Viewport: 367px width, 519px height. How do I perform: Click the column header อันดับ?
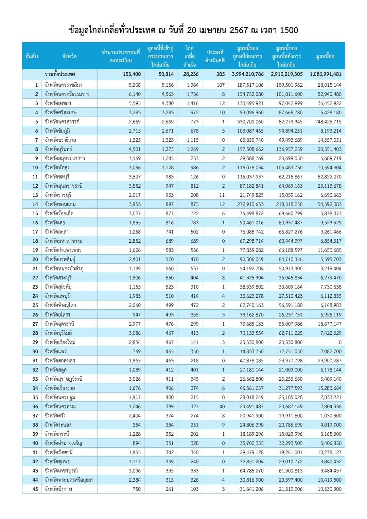click(x=32, y=56)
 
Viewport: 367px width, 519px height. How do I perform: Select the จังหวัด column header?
click(x=69, y=56)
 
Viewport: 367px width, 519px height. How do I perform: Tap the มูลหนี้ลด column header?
click(x=325, y=56)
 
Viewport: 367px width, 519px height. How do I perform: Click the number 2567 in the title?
click(x=239, y=30)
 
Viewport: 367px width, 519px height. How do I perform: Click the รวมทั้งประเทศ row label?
click(x=60, y=74)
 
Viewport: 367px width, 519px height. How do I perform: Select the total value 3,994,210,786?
click(x=248, y=74)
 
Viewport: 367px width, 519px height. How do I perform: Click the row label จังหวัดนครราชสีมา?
click(x=64, y=85)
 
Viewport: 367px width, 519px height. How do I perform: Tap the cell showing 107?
click(x=221, y=85)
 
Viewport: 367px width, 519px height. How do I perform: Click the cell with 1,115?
click(x=193, y=140)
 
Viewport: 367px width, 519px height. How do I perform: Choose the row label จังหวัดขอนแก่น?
click(x=60, y=204)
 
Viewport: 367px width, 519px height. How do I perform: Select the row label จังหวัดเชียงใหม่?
click(x=60, y=342)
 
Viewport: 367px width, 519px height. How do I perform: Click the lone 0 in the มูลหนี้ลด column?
click(x=340, y=342)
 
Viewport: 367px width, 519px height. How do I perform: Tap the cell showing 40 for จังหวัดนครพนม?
click(x=222, y=406)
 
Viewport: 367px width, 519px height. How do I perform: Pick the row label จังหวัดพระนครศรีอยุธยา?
click(x=69, y=480)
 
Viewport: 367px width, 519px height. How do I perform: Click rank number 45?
click(x=35, y=489)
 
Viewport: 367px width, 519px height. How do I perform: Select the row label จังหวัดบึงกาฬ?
click(x=58, y=489)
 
